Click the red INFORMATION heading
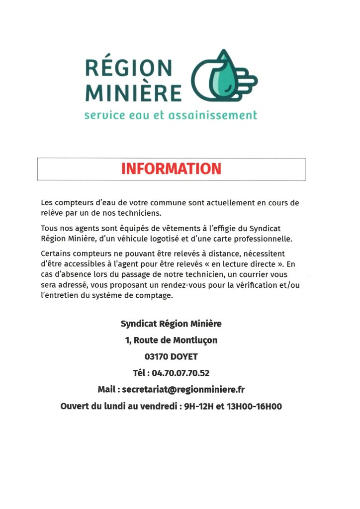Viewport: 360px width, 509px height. (171, 169)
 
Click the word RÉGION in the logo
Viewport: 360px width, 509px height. (128, 67)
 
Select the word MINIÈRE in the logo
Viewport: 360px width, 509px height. (133, 92)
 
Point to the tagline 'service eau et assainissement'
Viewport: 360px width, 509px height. (171, 115)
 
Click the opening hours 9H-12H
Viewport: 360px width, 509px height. (198, 406)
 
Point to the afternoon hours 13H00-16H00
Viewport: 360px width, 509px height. (254, 406)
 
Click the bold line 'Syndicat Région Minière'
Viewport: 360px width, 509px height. (171, 324)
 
